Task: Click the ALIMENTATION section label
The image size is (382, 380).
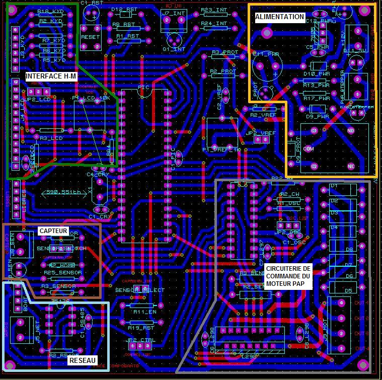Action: tap(280, 17)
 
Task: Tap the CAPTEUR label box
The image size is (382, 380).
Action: tap(53, 231)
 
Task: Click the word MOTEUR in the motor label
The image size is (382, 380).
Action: tap(281, 284)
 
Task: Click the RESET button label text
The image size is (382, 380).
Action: tap(91, 37)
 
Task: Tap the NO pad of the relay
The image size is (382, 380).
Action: tap(351, 130)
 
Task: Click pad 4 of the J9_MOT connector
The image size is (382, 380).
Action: tap(341, 302)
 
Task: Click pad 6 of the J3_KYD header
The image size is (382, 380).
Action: tap(16, 30)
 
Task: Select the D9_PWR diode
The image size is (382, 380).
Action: tap(318, 109)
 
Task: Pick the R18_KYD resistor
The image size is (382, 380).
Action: tap(51, 16)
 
